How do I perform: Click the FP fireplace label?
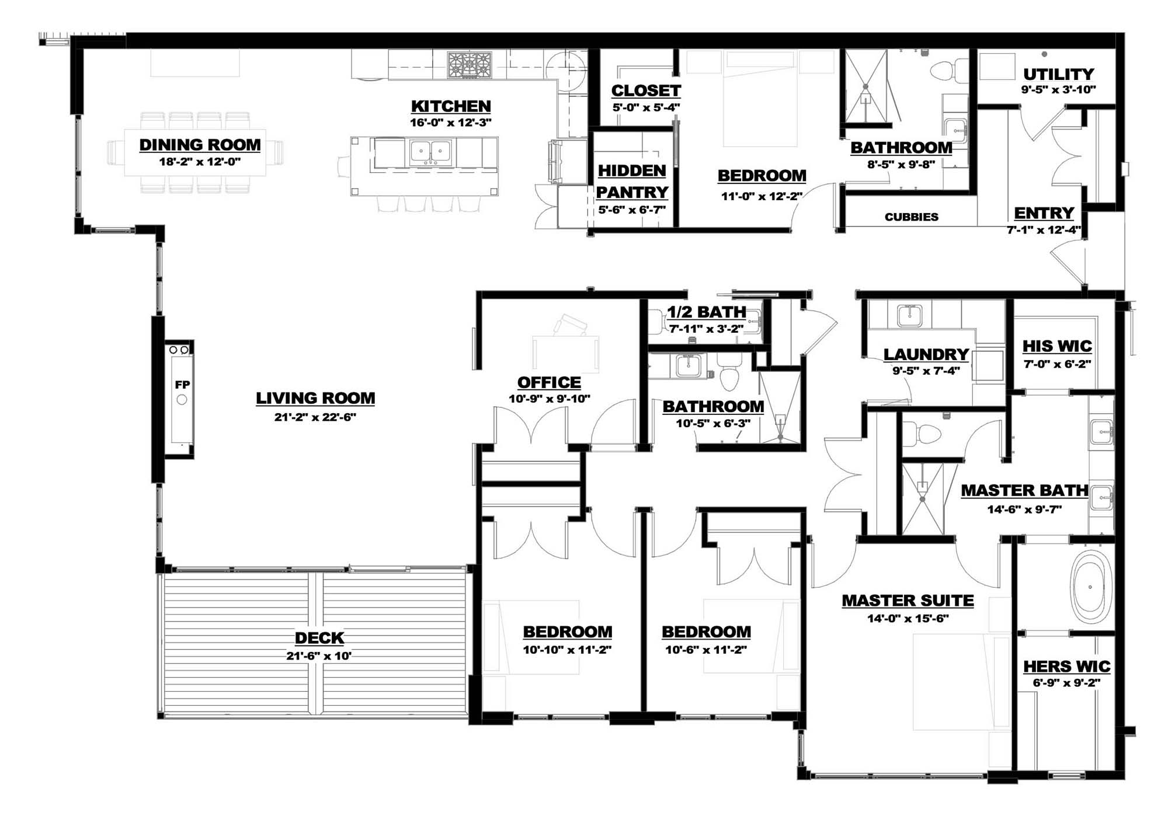(182, 385)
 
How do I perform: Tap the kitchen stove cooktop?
(470, 65)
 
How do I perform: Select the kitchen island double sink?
(430, 152)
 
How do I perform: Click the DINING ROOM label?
(200, 145)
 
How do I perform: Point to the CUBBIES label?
(911, 217)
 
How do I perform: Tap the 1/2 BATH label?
(707, 312)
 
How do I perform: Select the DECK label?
(319, 638)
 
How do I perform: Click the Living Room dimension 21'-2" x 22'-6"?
(315, 417)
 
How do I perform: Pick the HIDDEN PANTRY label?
(632, 182)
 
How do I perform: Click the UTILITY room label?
(1058, 74)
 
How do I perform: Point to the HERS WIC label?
(1066, 667)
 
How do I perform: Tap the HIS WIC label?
(1057, 346)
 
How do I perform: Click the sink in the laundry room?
(909, 316)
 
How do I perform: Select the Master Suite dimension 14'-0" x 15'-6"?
(908, 619)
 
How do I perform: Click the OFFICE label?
(549, 382)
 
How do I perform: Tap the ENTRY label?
(1044, 213)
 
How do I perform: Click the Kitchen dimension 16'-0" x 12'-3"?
(451, 123)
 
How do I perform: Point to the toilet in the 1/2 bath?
(658, 322)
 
